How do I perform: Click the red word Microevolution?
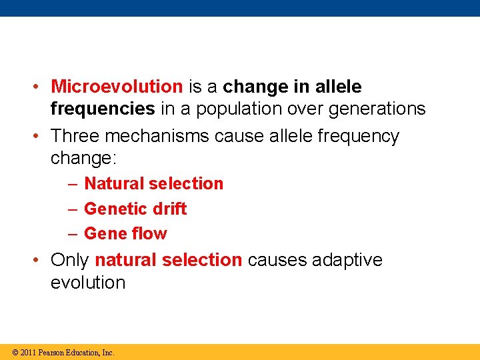point(117,87)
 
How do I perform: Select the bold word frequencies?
point(103,109)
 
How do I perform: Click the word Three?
point(75,136)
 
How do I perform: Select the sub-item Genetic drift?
point(135,209)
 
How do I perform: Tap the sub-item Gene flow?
point(125,233)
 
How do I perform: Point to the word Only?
point(70,259)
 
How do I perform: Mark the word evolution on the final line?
point(88,282)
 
